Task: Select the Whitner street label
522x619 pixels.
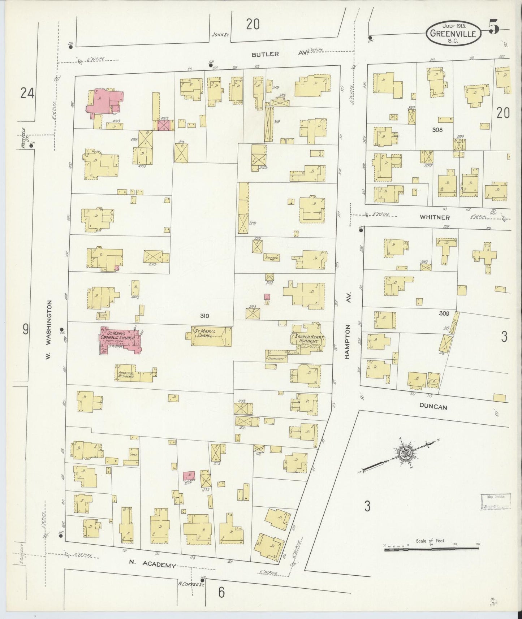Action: point(435,217)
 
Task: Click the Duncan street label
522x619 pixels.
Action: point(433,407)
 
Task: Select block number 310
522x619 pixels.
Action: point(204,316)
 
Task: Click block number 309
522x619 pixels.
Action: point(444,313)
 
